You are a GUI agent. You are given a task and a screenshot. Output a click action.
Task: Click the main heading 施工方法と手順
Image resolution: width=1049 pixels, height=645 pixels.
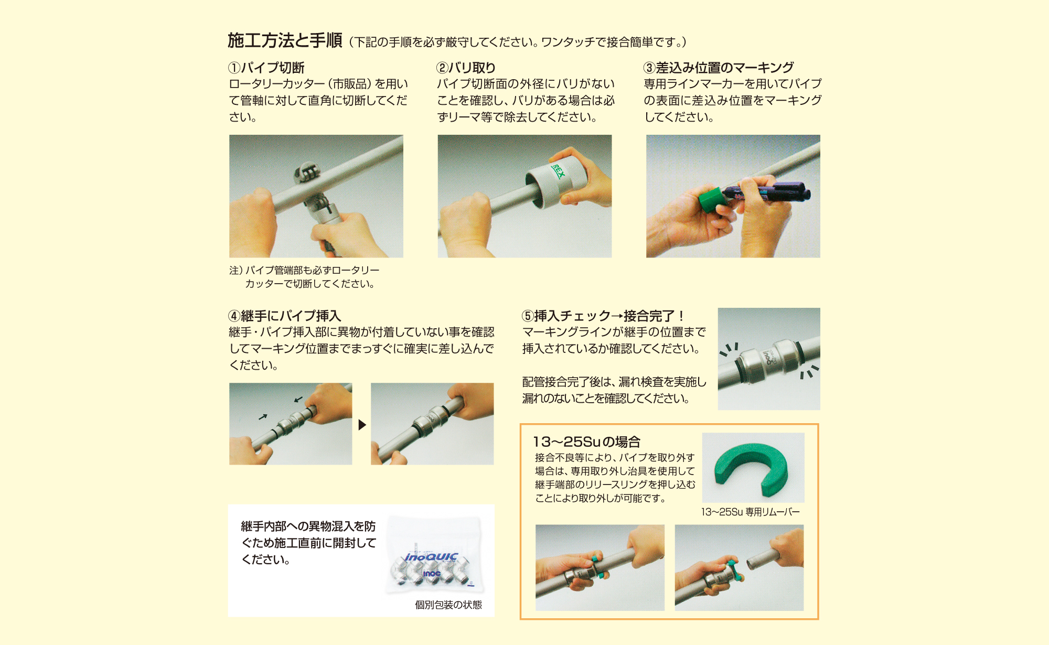coord(285,40)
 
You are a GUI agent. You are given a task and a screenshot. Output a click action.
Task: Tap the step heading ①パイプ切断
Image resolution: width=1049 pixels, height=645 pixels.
coord(266,68)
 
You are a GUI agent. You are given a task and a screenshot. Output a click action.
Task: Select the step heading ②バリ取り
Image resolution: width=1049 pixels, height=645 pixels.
coord(466,68)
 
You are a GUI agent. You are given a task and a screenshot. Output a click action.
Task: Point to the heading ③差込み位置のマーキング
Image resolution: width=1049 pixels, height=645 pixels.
coord(719,68)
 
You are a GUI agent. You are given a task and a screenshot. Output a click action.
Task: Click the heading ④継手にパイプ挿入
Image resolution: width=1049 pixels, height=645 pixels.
coord(285,316)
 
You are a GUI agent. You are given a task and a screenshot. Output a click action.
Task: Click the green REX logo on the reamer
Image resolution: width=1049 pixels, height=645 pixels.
coord(558,171)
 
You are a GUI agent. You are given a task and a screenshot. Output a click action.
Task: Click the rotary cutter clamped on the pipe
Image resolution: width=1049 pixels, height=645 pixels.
coord(309,173)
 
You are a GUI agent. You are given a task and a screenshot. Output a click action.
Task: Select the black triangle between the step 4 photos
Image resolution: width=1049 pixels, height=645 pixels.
coord(362,425)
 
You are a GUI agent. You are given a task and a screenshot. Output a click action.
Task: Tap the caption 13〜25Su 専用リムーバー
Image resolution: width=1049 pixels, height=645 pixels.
coord(750,512)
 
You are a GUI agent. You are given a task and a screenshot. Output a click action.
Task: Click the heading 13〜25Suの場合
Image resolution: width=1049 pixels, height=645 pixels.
coord(586,442)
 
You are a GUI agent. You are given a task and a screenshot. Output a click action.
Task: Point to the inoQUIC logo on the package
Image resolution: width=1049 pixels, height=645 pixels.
coord(431,557)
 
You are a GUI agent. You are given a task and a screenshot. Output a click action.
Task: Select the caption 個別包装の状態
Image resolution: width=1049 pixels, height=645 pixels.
coord(448,605)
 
